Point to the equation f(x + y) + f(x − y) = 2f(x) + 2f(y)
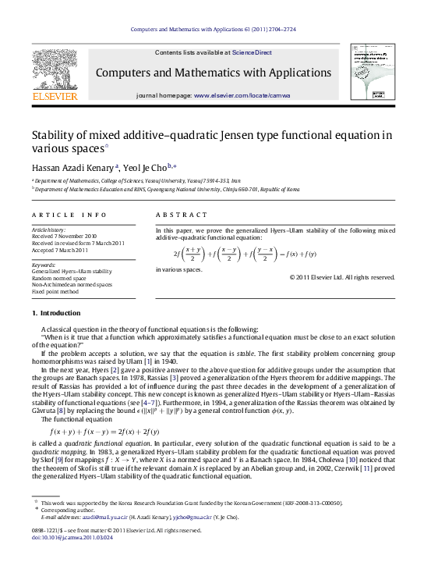pos(104,432)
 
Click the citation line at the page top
pos(212,30)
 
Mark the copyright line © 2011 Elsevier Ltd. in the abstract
pos(342,276)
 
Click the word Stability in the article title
pos(51,134)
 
